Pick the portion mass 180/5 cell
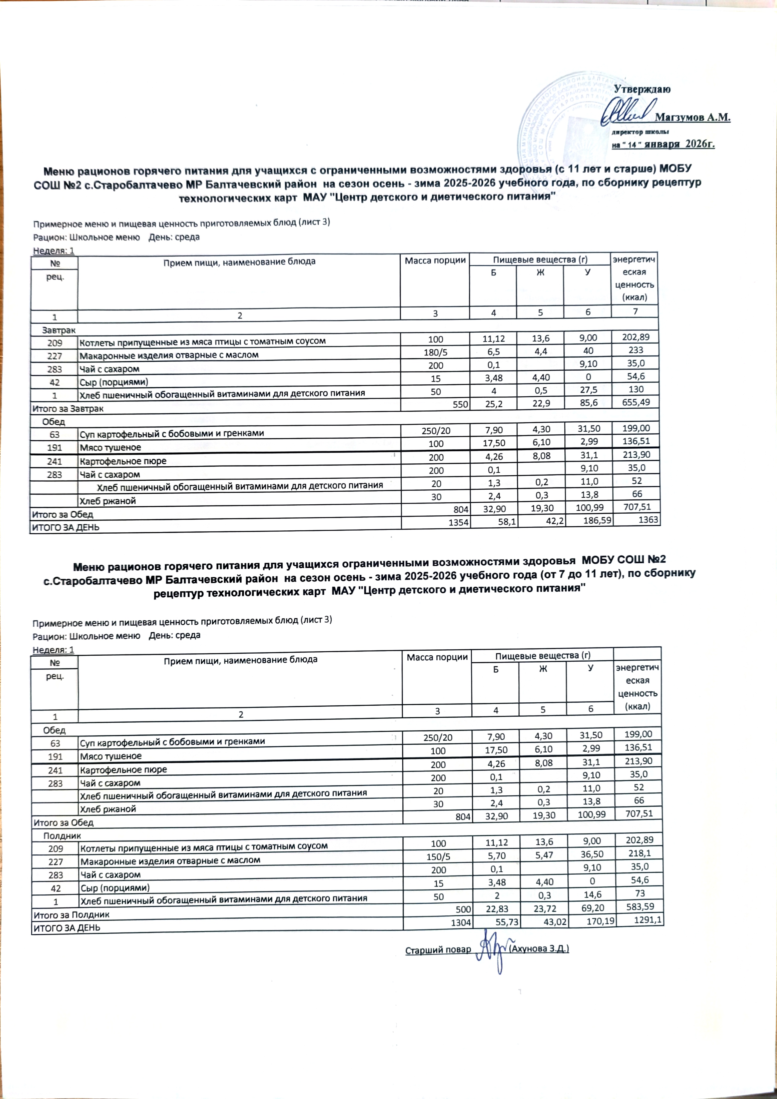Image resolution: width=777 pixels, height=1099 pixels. pyautogui.click(x=435, y=355)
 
